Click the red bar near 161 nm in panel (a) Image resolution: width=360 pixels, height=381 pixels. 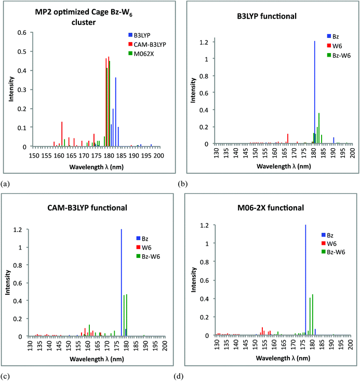(62, 134)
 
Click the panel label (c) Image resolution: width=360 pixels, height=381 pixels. (5, 374)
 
